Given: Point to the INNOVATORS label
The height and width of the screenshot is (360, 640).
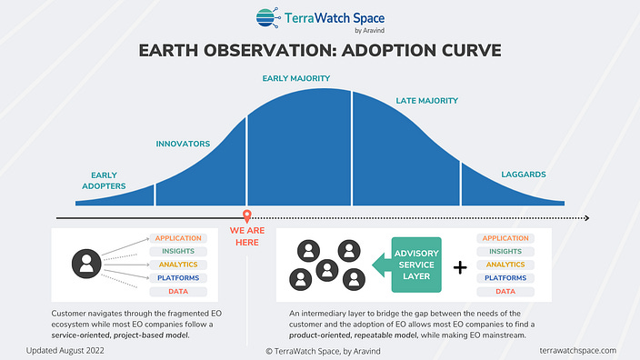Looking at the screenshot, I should tap(183, 144).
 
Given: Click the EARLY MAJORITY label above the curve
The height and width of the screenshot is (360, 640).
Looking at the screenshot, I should tap(295, 78).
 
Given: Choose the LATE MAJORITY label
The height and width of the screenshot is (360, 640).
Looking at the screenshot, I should tap(426, 100).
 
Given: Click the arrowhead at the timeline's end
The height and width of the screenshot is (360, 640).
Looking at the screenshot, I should tap(585, 218).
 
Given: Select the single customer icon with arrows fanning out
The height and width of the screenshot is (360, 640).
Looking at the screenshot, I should tap(87, 265).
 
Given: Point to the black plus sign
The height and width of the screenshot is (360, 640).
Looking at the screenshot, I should tap(461, 266).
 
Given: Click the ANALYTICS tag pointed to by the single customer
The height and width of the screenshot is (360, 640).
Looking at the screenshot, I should tap(177, 265).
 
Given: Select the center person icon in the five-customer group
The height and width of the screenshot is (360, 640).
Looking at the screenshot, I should tap(326, 267).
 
